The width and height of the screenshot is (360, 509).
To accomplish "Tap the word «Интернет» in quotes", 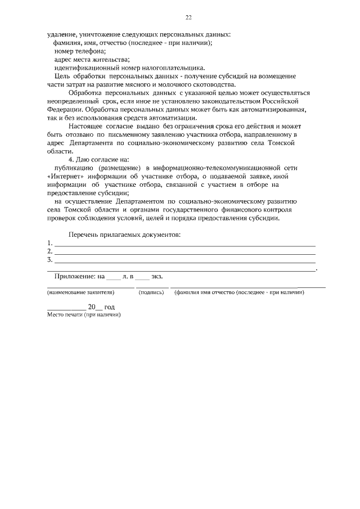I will point(66,176).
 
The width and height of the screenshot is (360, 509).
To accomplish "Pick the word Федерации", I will point(63,109).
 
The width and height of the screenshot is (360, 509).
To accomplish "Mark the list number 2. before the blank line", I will point(50,251).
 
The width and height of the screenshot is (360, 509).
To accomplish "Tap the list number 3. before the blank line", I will point(50,259).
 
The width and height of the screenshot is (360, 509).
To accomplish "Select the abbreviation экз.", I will point(163,277).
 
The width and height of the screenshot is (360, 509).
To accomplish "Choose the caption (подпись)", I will point(151,293).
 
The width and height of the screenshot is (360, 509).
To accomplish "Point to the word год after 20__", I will point(109,308).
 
